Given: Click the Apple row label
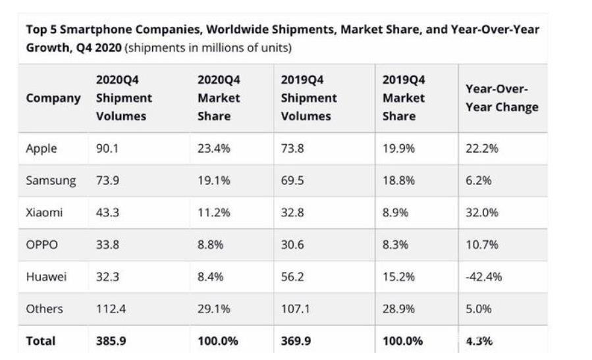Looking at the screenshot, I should click(x=41, y=149).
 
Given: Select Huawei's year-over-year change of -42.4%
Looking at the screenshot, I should click(x=483, y=277).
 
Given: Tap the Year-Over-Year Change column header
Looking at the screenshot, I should click(x=501, y=98).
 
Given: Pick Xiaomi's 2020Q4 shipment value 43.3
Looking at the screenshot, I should click(x=107, y=213).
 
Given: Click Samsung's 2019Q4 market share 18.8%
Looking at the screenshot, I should click(x=398, y=180).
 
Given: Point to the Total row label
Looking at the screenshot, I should click(x=40, y=341).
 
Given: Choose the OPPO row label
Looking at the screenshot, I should click(x=41, y=245).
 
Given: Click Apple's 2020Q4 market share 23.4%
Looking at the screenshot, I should click(x=213, y=149).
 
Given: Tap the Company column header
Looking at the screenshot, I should click(x=53, y=98).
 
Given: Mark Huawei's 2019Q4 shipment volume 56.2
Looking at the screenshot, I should click(x=292, y=277).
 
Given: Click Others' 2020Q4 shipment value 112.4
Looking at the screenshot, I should click(x=111, y=309).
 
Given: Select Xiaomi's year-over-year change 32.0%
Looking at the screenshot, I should click(x=481, y=213).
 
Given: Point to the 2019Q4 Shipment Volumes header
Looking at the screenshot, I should click(x=308, y=98).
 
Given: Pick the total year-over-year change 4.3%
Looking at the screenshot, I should click(x=479, y=341).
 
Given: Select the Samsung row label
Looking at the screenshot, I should click(x=51, y=180).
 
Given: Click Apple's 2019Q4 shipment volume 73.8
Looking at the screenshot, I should click(x=292, y=149).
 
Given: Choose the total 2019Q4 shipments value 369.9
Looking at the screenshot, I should click(x=298, y=341).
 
